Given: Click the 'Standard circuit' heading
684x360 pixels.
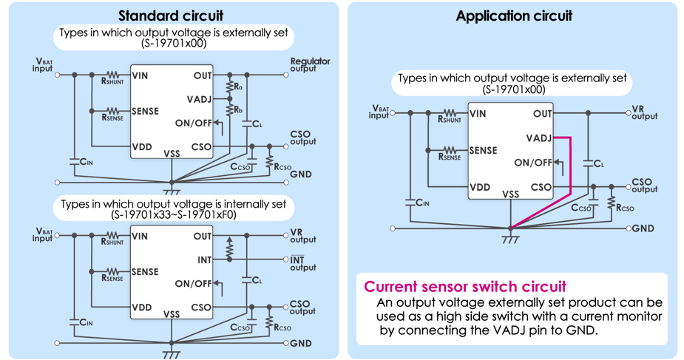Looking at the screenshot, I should pos(171,16).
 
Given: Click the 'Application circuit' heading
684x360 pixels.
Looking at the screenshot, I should pos(514,16).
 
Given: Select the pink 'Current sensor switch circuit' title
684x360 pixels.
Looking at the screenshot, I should pos(465,286).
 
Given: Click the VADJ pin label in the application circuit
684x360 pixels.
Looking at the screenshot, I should pos(539,138).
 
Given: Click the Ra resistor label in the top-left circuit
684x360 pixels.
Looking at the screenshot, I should pos(238,86).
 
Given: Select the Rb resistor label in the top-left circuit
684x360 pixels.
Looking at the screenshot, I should pos(238,110).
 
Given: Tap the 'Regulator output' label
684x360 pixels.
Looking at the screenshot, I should pos(310,65).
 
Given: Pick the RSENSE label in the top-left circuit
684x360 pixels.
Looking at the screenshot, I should pos(112,118).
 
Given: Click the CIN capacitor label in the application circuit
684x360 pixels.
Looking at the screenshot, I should pos(421,203).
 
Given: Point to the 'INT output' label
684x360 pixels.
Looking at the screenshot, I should pos(302,263).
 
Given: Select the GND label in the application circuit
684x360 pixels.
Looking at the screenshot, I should pos(643,228).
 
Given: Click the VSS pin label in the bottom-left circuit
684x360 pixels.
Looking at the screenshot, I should pos(172,314).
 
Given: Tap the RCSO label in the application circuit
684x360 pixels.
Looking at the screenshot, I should pos(625,208).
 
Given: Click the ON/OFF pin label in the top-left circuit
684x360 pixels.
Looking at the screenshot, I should pos(193,123).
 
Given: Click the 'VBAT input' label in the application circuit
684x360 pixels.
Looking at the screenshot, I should pos(379,112).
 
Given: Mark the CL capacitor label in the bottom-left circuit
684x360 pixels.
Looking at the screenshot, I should pos(257,280).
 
